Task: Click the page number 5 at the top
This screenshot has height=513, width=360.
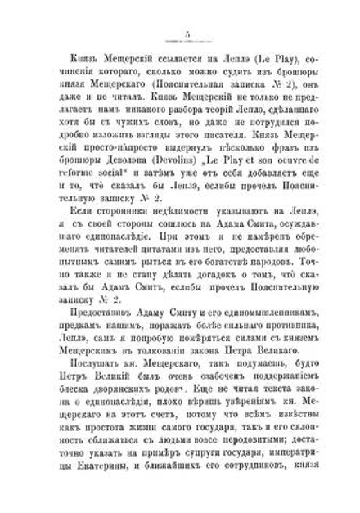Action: (187, 34)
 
